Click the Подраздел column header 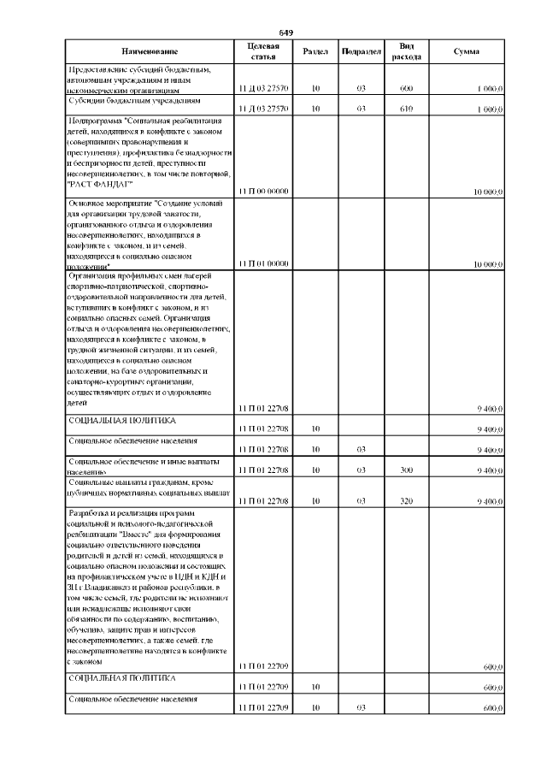pos(361,51)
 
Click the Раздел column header pos(315,51)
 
